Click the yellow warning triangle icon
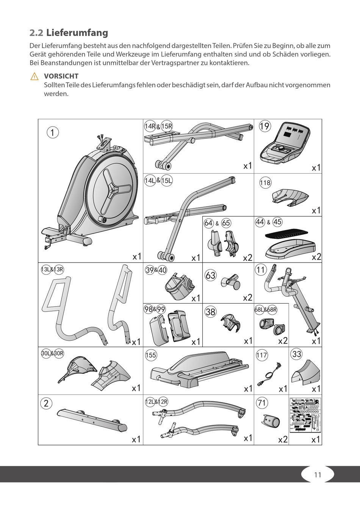[x=34, y=76]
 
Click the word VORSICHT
[x=61, y=76]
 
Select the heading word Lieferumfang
[x=77, y=33]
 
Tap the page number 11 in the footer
[x=318, y=475]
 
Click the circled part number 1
[x=53, y=132]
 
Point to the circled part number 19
[x=265, y=126]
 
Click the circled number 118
[x=265, y=183]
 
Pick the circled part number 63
[x=211, y=275]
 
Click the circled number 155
[x=150, y=355]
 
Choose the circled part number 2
[x=46, y=403]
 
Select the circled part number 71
[x=262, y=403]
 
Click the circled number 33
[x=297, y=354]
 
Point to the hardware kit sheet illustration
[x=305, y=415]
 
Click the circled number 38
[x=210, y=312]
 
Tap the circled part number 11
[x=261, y=270]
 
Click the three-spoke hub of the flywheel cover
[x=112, y=188]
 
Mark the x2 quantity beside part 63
[x=247, y=298]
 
